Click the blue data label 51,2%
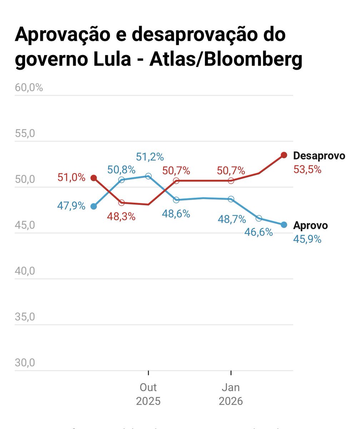click(150, 157)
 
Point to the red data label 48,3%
click(122, 216)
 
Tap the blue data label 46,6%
click(259, 232)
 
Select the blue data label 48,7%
click(232, 219)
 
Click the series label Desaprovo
click(319, 156)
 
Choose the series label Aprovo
click(310, 226)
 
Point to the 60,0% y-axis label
click(29, 88)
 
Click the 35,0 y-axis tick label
click(25, 317)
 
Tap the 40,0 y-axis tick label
click(25, 271)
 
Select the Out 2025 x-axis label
click(148, 394)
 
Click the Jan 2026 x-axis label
click(231, 394)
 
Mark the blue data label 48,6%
click(176, 214)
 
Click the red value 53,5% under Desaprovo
click(307, 169)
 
